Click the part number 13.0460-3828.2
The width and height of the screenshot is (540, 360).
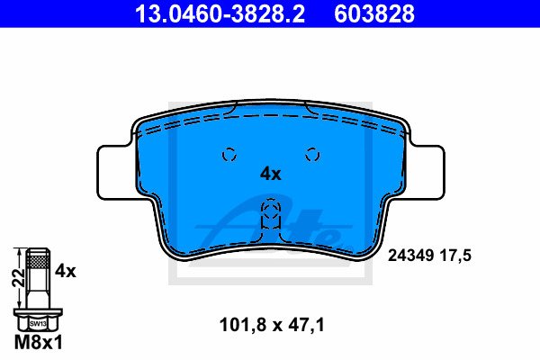[x=220, y=13]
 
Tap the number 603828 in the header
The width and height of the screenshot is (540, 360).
[x=374, y=13]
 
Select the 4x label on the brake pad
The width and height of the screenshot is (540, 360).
[x=270, y=175]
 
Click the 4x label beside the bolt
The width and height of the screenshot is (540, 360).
[x=66, y=271]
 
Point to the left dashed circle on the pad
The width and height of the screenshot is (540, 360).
[x=229, y=155]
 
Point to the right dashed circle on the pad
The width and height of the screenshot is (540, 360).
[x=312, y=155]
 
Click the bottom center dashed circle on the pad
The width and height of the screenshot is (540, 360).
[x=271, y=211]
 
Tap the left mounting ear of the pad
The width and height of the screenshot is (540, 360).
[x=113, y=172]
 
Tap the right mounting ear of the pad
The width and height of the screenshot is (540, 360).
[x=427, y=172]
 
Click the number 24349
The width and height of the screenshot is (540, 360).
[x=410, y=256]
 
